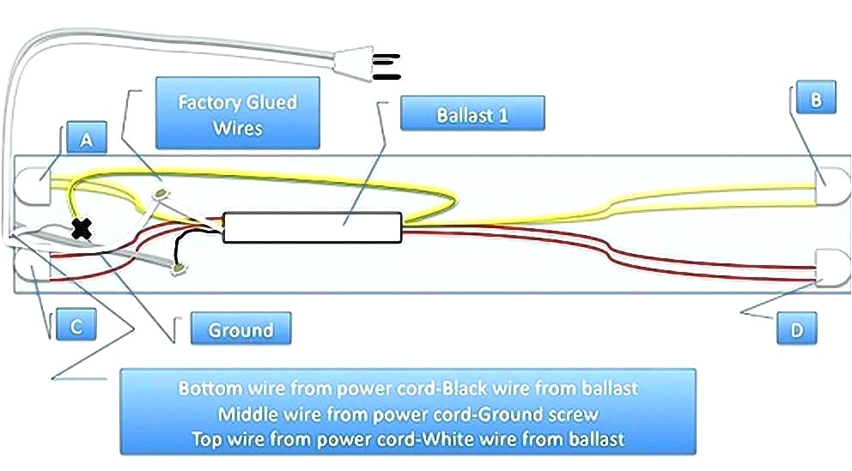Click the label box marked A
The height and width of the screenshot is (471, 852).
click(x=86, y=139)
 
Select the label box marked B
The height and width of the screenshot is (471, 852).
click(x=815, y=100)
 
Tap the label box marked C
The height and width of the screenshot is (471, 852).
click(x=76, y=326)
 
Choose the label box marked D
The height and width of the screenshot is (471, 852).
click(x=797, y=329)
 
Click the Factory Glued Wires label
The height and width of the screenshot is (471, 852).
click(x=237, y=114)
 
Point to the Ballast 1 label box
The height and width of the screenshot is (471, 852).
click(x=472, y=114)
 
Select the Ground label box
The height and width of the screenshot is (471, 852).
click(x=240, y=329)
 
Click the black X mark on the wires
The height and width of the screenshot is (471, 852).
click(x=82, y=228)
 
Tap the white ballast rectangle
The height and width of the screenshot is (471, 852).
click(x=312, y=227)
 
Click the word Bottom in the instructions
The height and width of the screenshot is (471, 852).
click(x=204, y=389)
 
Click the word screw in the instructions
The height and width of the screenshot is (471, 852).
click(x=573, y=414)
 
